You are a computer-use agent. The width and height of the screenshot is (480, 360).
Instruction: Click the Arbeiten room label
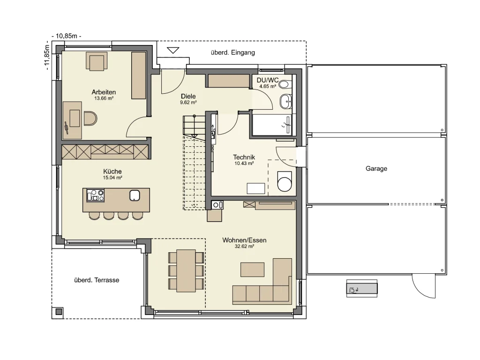click(104, 92)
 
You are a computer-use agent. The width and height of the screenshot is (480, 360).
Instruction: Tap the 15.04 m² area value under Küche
click(112, 178)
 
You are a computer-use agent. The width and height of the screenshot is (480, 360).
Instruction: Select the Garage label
click(376, 169)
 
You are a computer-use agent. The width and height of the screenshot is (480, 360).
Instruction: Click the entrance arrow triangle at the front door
click(173, 50)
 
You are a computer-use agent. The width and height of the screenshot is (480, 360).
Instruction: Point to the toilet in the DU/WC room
click(284, 84)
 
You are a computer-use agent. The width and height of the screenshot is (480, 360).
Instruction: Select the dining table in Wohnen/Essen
click(186, 270)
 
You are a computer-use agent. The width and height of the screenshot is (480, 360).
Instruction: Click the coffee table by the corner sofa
click(253, 269)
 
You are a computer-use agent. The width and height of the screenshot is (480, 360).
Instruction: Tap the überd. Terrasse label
click(97, 280)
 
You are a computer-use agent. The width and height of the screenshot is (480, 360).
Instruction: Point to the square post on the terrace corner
click(58, 312)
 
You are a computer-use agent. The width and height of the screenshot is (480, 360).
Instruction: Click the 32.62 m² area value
click(244, 246)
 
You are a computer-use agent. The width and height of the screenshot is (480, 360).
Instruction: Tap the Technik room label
click(244, 157)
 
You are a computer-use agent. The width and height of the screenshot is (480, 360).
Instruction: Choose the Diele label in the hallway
click(188, 96)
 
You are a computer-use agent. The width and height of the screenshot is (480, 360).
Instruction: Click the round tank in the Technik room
click(284, 182)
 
